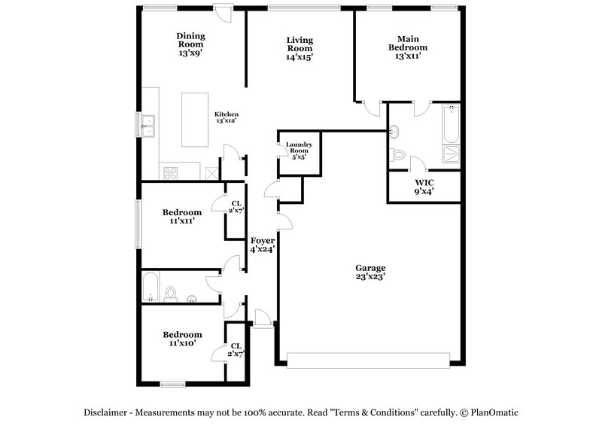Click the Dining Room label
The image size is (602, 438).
pos(190,44)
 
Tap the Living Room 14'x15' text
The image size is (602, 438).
pos(299,48)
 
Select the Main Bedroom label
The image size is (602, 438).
pos(407,47)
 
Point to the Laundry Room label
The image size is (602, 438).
pos(299,151)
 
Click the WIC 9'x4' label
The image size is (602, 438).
pos(424,187)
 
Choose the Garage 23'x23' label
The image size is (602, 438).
pos(370,272)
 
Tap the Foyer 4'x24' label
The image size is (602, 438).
pos(262,245)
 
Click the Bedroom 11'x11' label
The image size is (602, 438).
pos(182,217)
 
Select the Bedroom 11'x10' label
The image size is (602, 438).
pos(182,339)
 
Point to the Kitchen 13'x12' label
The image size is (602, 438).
pos(227,117)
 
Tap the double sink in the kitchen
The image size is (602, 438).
pos(148,125)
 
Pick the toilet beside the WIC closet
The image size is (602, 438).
pos(398,155)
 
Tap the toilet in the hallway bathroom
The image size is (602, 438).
pos(171,292)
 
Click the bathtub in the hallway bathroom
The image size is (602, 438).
pos(150,287)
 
